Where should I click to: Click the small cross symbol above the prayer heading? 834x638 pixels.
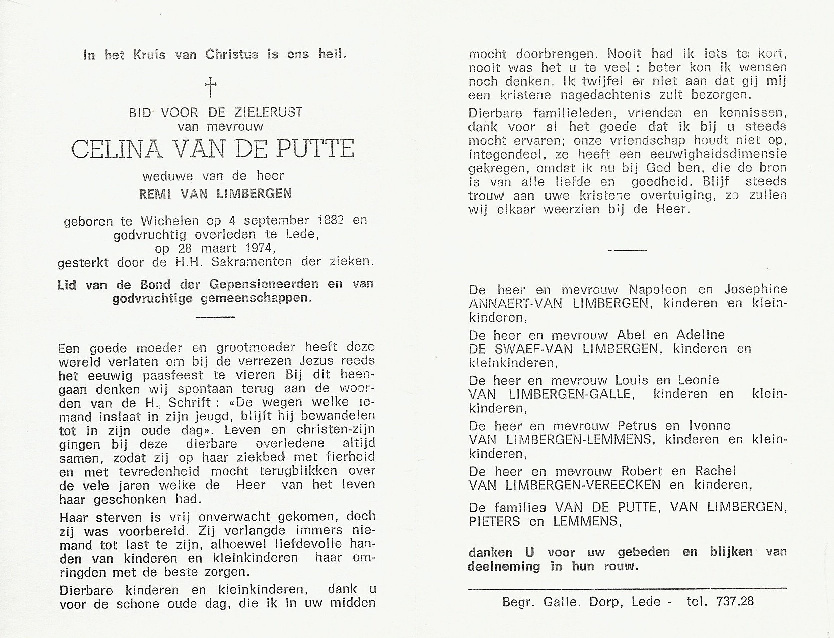click(x=211, y=87)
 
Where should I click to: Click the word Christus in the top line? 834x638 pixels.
click(x=232, y=55)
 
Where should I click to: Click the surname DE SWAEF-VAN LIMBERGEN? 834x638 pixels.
click(x=564, y=349)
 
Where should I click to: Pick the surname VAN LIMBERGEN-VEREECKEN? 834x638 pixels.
click(x=564, y=485)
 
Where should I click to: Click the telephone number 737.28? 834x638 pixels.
click(x=733, y=601)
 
